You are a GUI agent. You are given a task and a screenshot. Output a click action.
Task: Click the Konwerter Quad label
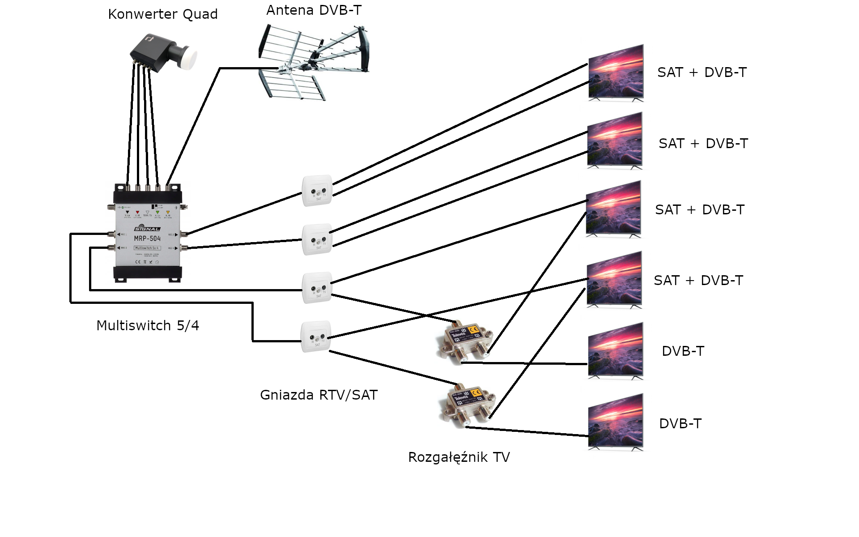tap(163, 14)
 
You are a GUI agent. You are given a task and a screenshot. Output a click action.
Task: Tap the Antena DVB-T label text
tap(314, 10)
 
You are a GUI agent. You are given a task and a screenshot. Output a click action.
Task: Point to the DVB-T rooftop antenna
tap(315, 63)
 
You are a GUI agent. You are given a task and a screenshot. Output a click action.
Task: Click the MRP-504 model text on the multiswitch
tap(147, 239)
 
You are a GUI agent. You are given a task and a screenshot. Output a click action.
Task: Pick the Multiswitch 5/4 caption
tap(148, 325)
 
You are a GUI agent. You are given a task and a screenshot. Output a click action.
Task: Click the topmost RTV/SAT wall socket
tap(317, 191)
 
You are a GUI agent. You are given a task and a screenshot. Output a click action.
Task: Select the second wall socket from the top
tap(317, 239)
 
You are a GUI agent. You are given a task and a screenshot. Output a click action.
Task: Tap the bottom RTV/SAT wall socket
tap(316, 337)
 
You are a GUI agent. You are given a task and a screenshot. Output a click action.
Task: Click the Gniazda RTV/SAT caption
tap(319, 395)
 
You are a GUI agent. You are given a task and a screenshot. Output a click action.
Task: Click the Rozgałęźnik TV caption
tap(459, 457)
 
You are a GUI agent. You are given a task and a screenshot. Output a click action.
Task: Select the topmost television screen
tap(616, 72)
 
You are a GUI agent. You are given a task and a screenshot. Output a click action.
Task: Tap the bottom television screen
tap(616, 422)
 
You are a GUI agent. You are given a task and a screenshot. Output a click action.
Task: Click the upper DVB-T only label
tap(683, 351)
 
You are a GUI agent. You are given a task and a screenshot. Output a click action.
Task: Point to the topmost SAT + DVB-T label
tap(702, 72)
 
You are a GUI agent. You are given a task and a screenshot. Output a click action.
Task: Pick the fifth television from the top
tap(616, 351)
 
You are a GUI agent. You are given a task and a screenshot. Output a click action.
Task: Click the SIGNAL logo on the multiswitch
tap(147, 228)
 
